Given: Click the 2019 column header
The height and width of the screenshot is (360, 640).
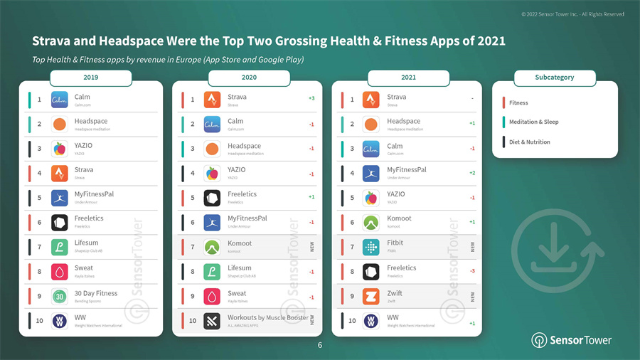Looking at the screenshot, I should pyautogui.click(x=90, y=77).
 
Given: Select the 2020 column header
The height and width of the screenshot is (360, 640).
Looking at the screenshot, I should pyautogui.click(x=249, y=77).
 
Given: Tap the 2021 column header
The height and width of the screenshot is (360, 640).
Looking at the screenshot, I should pyautogui.click(x=408, y=77).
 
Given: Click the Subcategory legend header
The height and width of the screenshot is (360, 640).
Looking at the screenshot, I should pyautogui.click(x=554, y=77).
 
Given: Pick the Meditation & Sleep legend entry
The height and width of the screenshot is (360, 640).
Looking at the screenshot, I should pyautogui.click(x=533, y=122).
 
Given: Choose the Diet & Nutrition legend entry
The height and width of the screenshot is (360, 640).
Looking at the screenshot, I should pyautogui.click(x=529, y=142).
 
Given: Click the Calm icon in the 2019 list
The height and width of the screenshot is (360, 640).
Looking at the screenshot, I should pyautogui.click(x=60, y=100).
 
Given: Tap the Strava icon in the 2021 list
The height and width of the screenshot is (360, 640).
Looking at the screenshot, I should pyautogui.click(x=371, y=100).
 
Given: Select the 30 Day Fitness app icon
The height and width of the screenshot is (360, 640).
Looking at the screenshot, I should pyautogui.click(x=60, y=296).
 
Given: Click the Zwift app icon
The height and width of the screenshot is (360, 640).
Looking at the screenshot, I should pyautogui.click(x=371, y=296).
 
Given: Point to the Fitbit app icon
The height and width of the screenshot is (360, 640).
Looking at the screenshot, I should pyautogui.click(x=371, y=247).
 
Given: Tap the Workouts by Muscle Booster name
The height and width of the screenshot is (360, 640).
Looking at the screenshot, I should pyautogui.click(x=267, y=317).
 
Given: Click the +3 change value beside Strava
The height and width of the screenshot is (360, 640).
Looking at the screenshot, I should pyautogui.click(x=311, y=98).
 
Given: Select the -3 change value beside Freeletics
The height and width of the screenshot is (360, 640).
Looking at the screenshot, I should pyautogui.click(x=472, y=271).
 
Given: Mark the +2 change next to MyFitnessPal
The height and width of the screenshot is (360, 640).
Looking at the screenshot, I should pyautogui.click(x=472, y=173).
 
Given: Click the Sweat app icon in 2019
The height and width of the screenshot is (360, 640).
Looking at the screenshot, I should pyautogui.click(x=60, y=272).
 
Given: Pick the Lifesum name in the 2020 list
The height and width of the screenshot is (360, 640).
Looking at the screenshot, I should pyautogui.click(x=239, y=268).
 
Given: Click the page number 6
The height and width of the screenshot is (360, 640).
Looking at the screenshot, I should pyautogui.click(x=320, y=345).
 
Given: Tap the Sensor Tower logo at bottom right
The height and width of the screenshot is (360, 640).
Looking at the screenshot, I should pyautogui.click(x=571, y=340).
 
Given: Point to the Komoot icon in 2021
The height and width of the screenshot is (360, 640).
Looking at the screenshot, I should pyautogui.click(x=371, y=223).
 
